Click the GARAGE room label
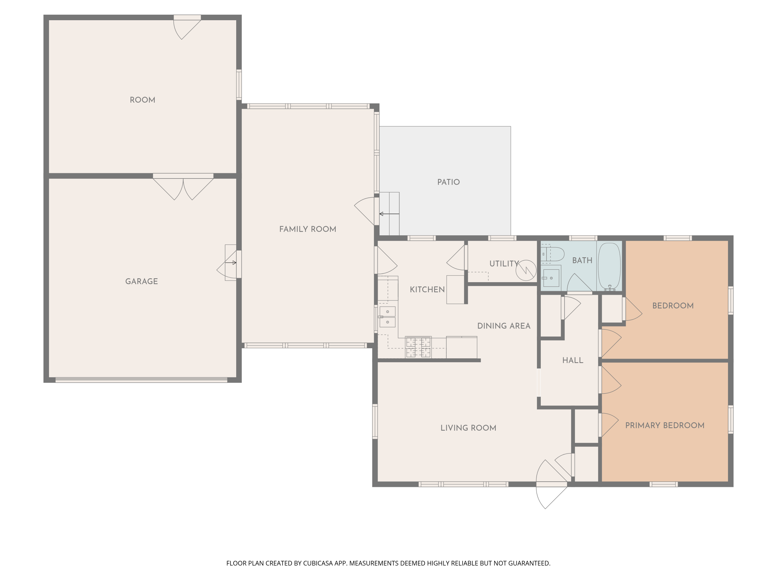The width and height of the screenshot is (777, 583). pos(142,281)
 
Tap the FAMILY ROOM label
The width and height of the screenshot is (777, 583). pos(308,229)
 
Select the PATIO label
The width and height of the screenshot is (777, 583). pos(449,182)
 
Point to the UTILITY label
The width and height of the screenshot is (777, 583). pos(504,264)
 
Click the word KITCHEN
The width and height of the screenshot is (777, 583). pos(427,290)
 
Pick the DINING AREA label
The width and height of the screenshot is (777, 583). pos(504,326)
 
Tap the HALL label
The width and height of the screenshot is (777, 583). pos(573,360)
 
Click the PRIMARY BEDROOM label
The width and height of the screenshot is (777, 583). pos(665,425)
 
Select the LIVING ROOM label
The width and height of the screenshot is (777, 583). pos(468,428)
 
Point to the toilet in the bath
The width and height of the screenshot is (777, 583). pos(552,254)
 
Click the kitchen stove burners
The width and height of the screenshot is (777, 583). pos(418,347)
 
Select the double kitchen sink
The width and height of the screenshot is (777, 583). pos(387,317)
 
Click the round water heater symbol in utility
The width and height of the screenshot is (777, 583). pos(526,270)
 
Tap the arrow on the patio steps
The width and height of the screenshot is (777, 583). pos(389,214)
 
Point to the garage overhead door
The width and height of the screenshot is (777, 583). pos(142,380)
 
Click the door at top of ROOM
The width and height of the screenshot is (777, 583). pos(187,27)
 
